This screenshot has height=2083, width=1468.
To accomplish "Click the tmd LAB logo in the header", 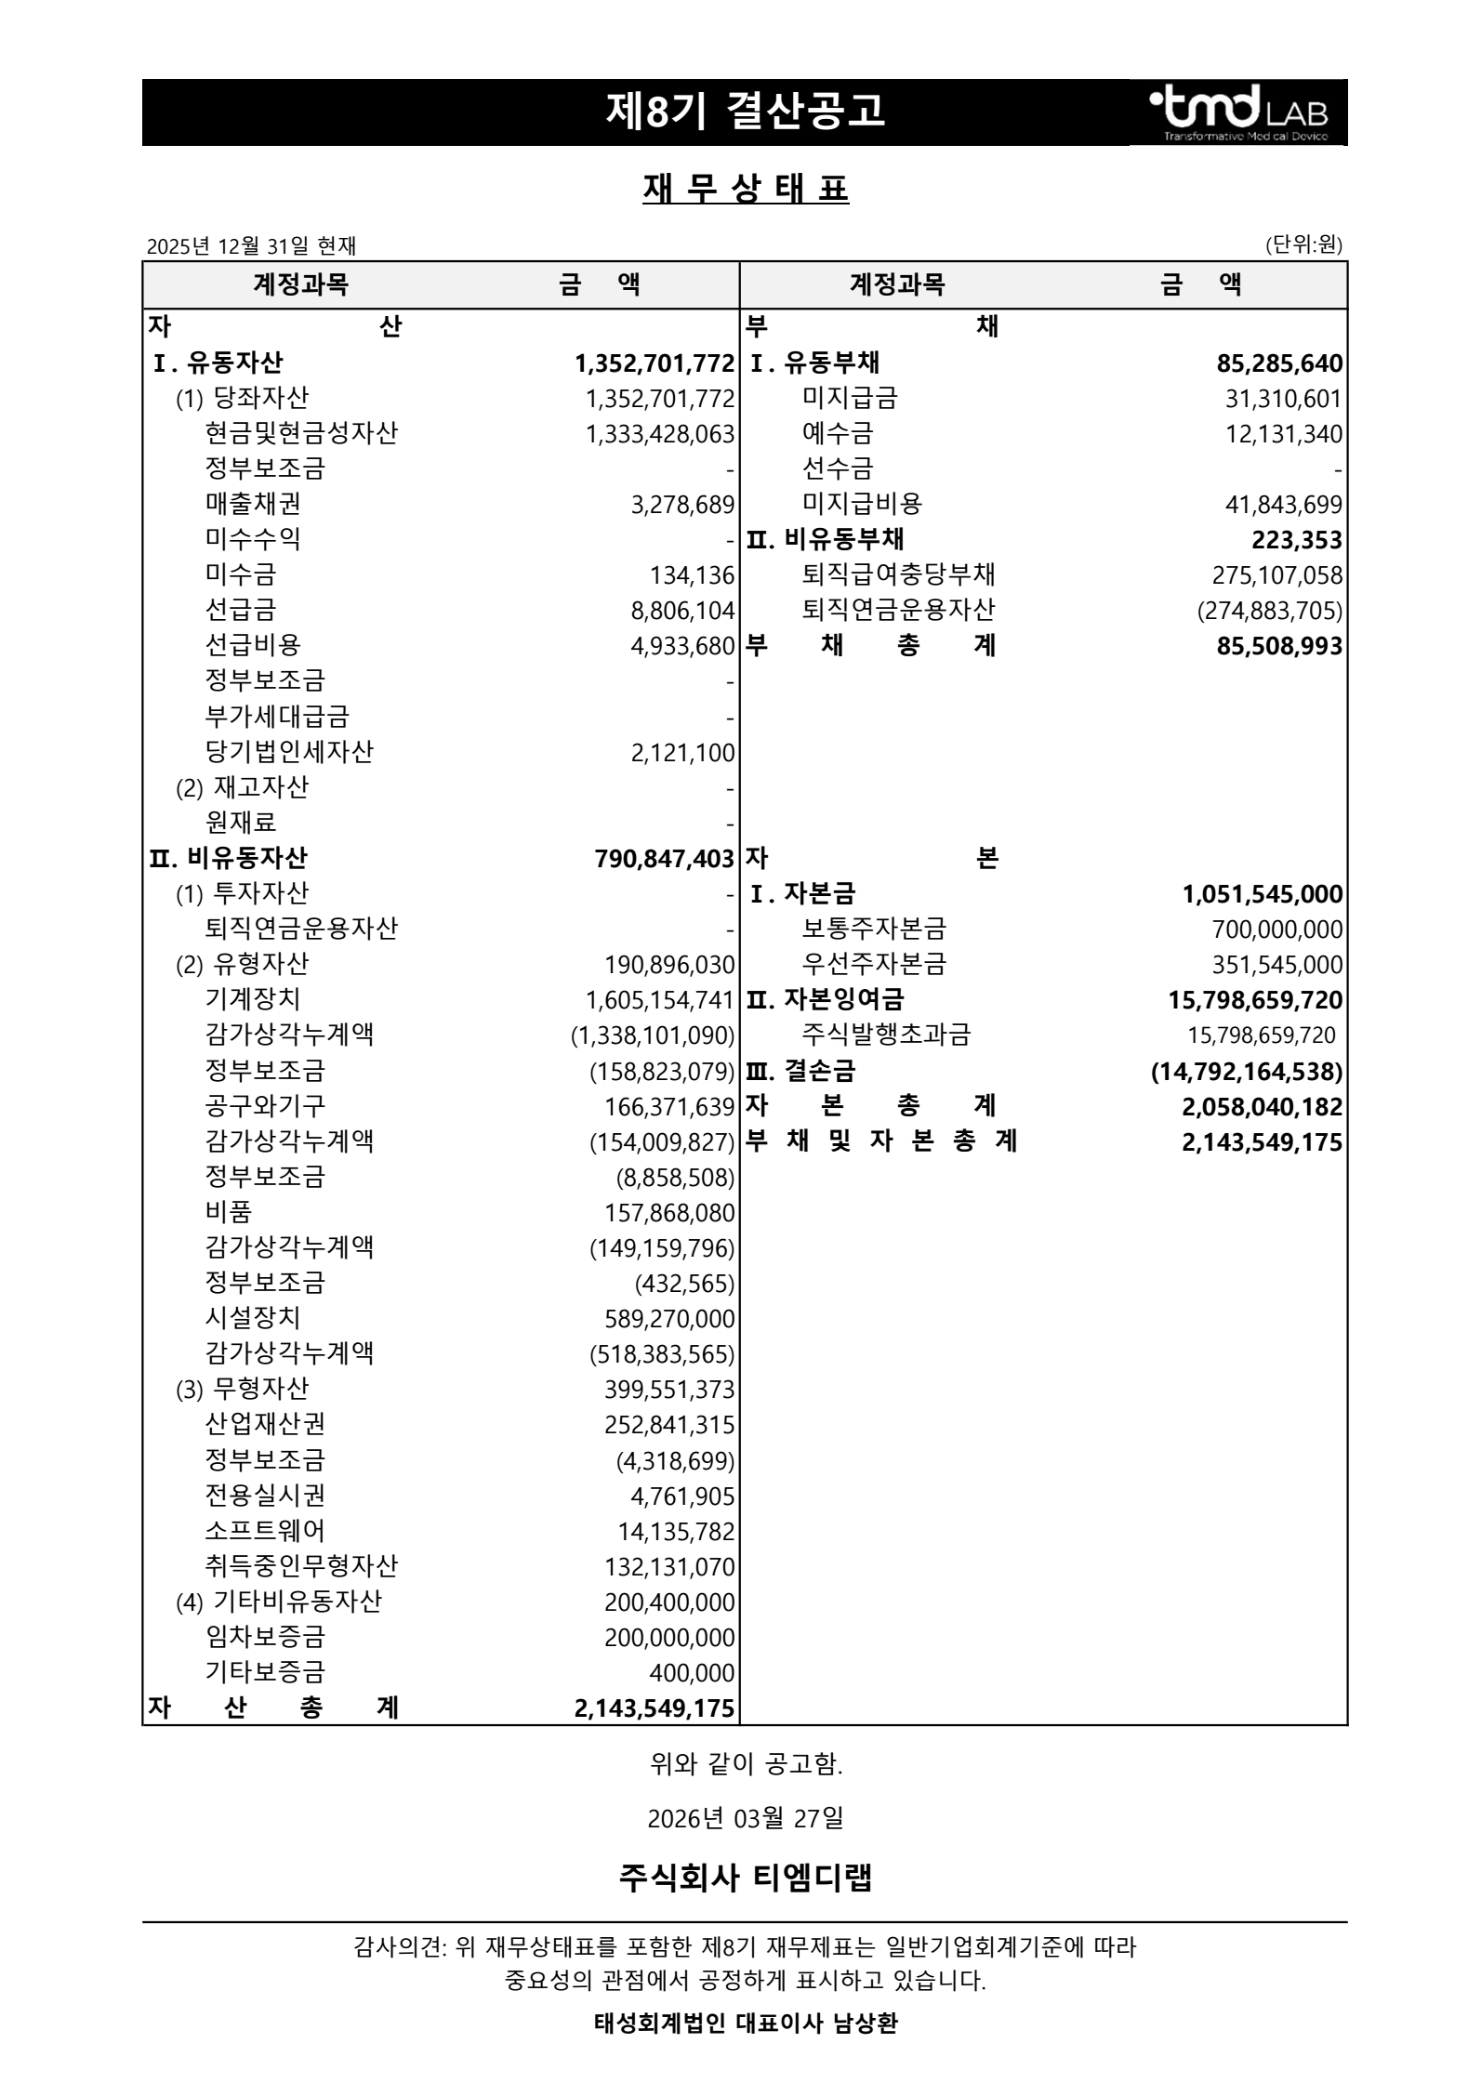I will pos(1238,113).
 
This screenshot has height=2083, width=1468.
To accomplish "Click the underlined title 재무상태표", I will pos(745,190).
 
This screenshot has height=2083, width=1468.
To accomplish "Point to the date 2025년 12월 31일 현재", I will pos(251,245).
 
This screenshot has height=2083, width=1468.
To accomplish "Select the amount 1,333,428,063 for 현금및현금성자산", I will pos(659,434).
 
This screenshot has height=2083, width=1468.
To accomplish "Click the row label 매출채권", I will pos(253,504).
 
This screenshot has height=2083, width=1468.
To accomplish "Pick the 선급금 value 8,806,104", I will pos(682,611).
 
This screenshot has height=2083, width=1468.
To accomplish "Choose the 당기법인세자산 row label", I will pos(289,751).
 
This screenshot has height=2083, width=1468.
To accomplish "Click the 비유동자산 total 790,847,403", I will pos(664,859).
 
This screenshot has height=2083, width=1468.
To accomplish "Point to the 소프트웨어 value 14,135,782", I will pos(676,1531).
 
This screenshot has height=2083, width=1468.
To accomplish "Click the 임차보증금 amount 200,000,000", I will pos(668,1638).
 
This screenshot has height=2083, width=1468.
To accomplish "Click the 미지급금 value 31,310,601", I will pos(1283,399).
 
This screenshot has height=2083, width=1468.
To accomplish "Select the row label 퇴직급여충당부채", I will pos(898,574).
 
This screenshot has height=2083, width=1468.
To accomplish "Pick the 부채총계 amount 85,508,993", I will pos(1279,646).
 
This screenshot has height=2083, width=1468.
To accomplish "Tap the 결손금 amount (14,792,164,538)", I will pos(1246,1072).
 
